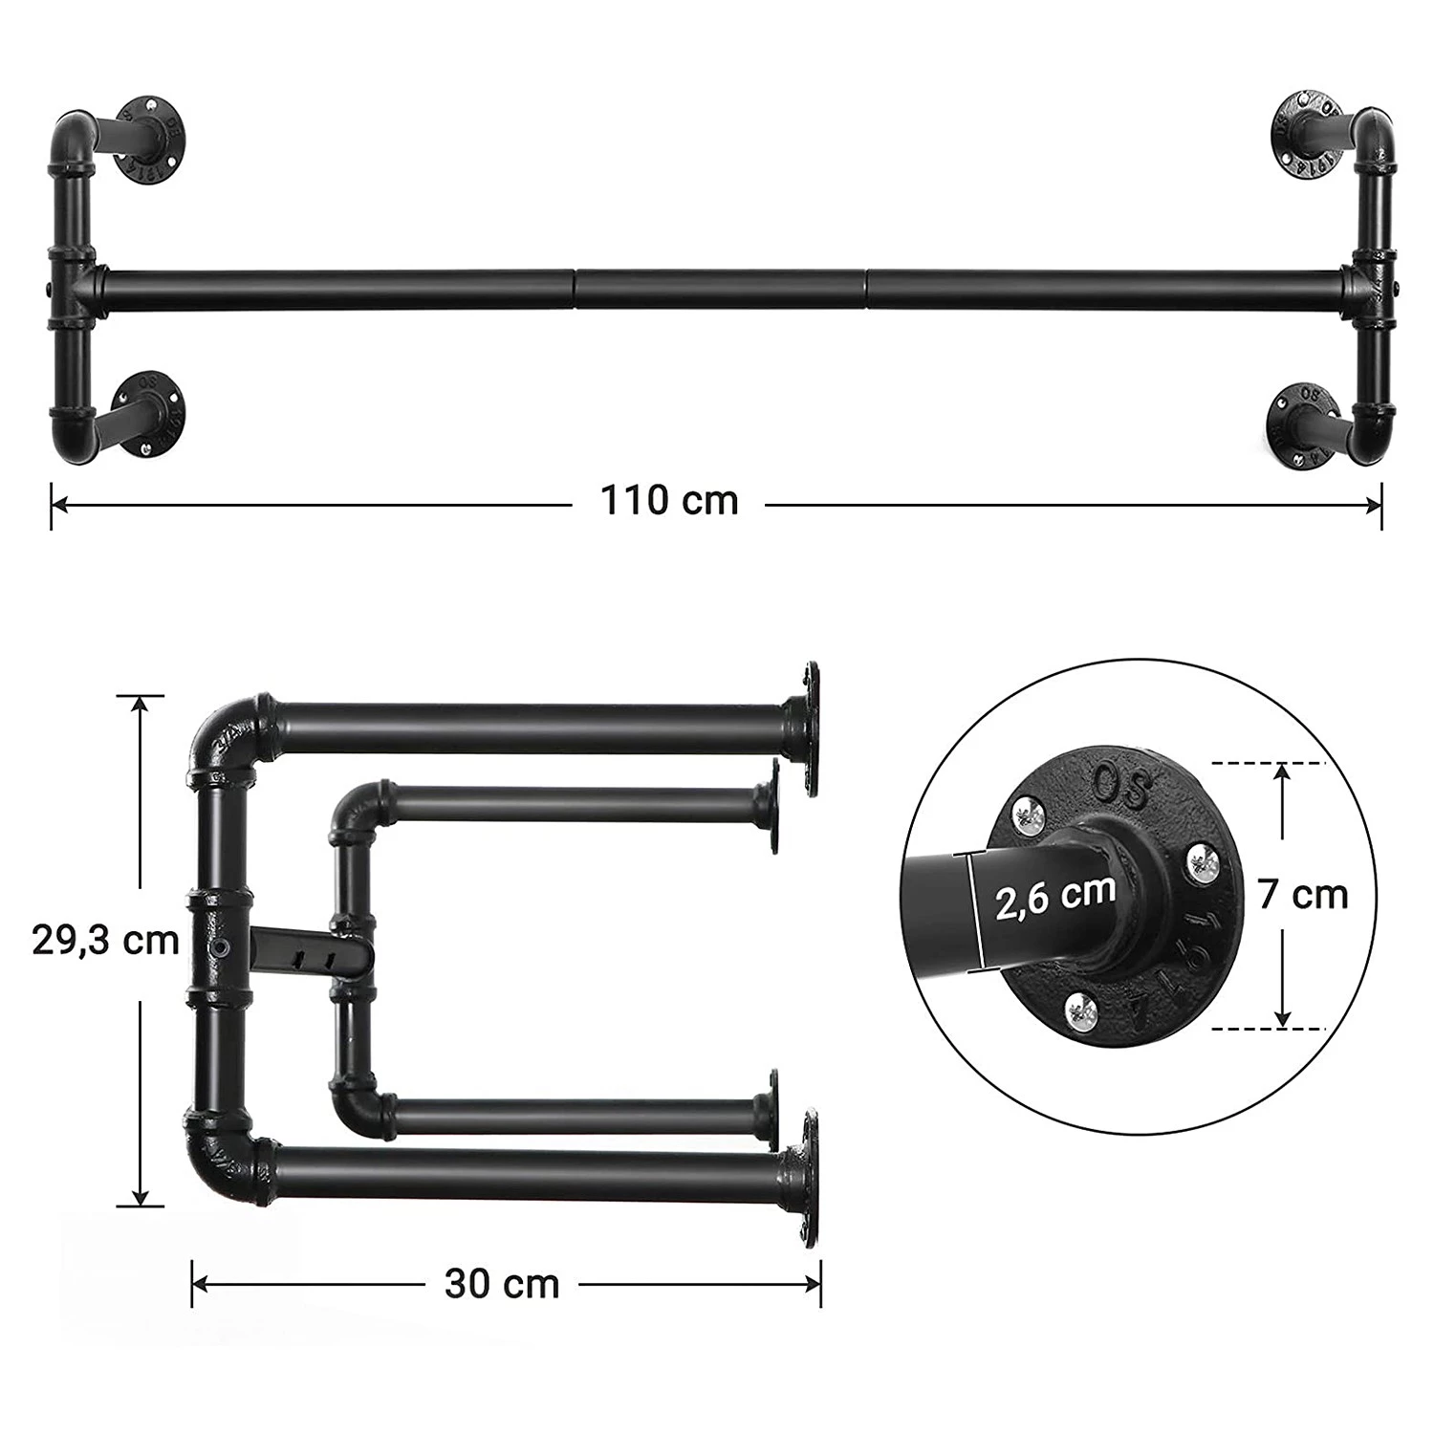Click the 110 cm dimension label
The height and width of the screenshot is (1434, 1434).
669,500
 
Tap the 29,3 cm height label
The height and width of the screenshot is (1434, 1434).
106,940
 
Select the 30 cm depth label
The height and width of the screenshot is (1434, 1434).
502,1283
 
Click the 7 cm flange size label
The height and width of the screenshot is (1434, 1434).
1303,895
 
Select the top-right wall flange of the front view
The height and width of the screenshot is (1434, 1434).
1304,135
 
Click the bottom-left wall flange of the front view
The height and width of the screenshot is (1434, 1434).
150,411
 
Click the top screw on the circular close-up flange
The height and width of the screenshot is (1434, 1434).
1032,814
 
